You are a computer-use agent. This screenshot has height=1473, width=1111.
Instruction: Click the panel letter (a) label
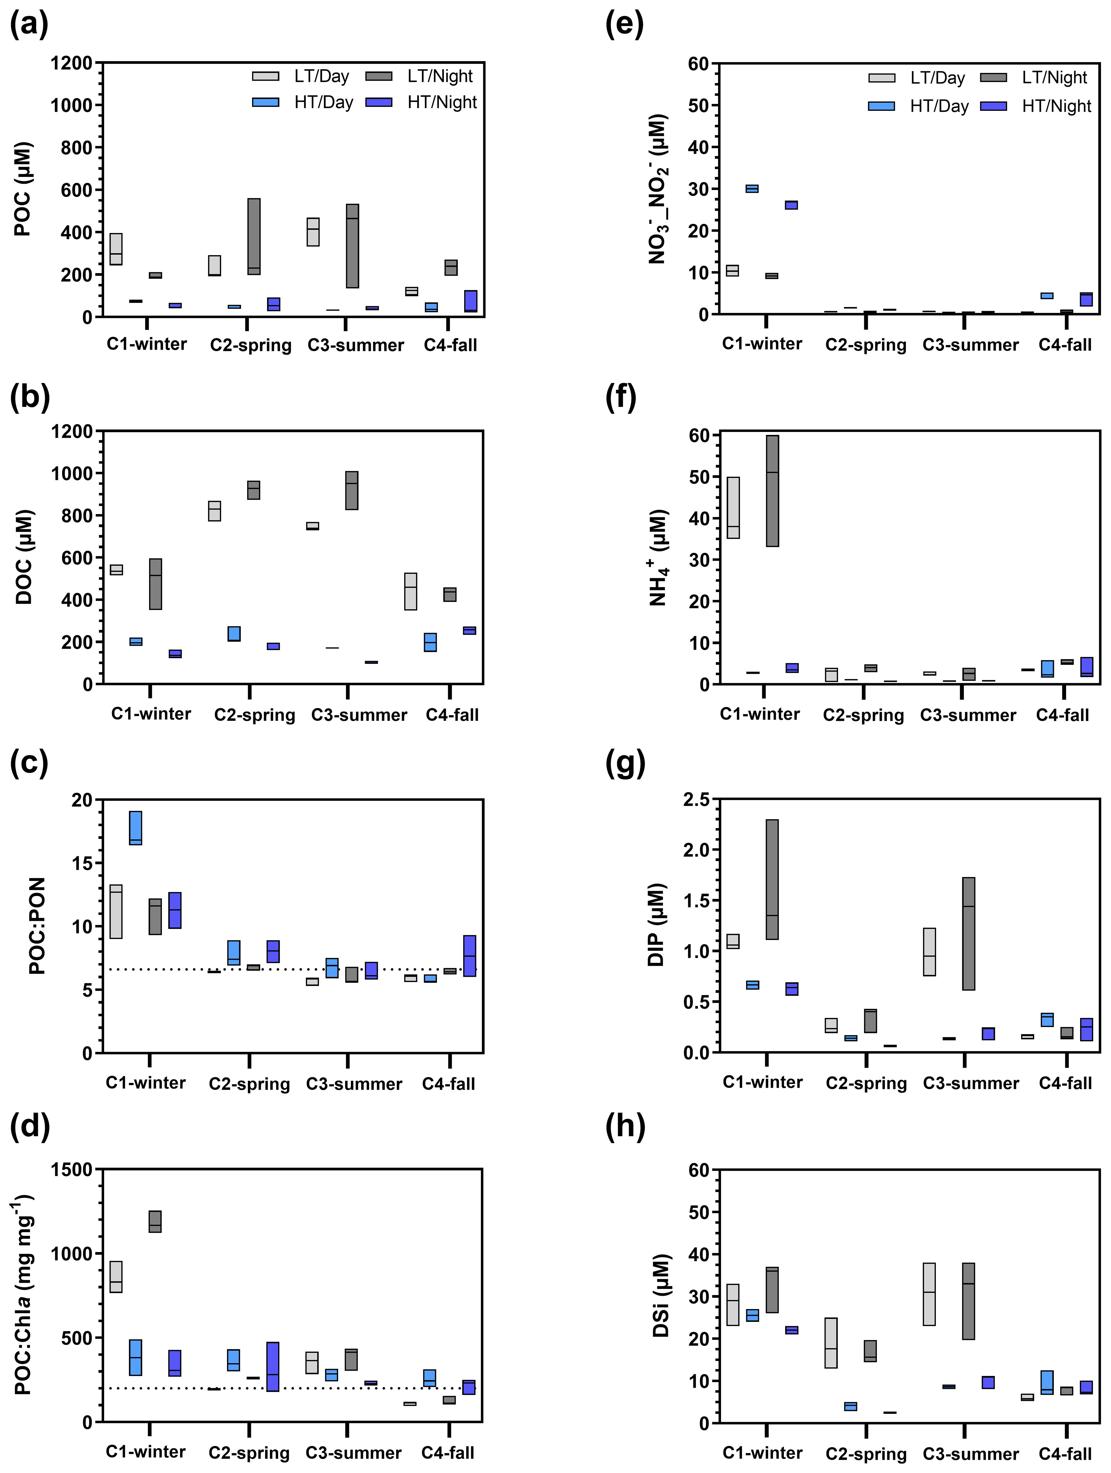(x=29, y=25)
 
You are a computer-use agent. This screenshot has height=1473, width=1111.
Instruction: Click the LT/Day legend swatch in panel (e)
(x=881, y=78)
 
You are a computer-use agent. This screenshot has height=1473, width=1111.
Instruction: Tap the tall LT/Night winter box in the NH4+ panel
(x=772, y=491)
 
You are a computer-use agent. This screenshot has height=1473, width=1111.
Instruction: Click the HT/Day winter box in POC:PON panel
(x=135, y=828)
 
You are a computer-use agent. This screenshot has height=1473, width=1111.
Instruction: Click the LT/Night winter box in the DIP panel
(x=772, y=879)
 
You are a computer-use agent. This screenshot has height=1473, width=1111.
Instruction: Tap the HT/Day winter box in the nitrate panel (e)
(x=752, y=188)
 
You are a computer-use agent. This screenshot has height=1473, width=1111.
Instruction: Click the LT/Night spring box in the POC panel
(x=254, y=236)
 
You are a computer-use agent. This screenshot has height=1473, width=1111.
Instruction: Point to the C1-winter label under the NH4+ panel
(x=760, y=714)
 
